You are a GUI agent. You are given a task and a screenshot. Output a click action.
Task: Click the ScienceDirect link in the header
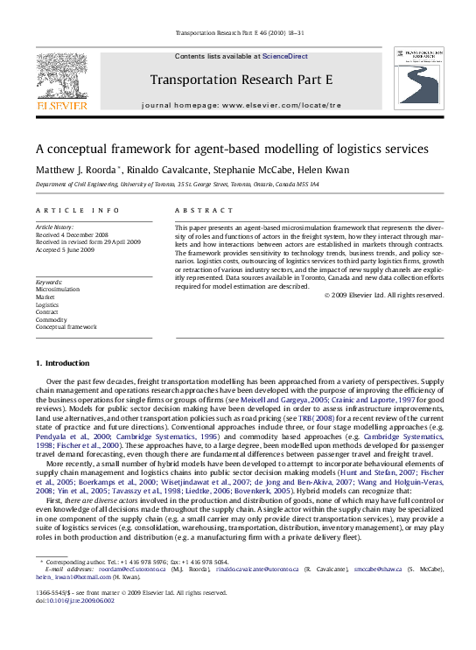point(285,56)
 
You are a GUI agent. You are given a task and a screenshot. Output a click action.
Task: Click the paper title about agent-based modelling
point(232,149)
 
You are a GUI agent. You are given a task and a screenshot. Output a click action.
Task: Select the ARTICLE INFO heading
point(78,211)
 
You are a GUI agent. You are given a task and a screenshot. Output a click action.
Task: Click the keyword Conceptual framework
point(66,326)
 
